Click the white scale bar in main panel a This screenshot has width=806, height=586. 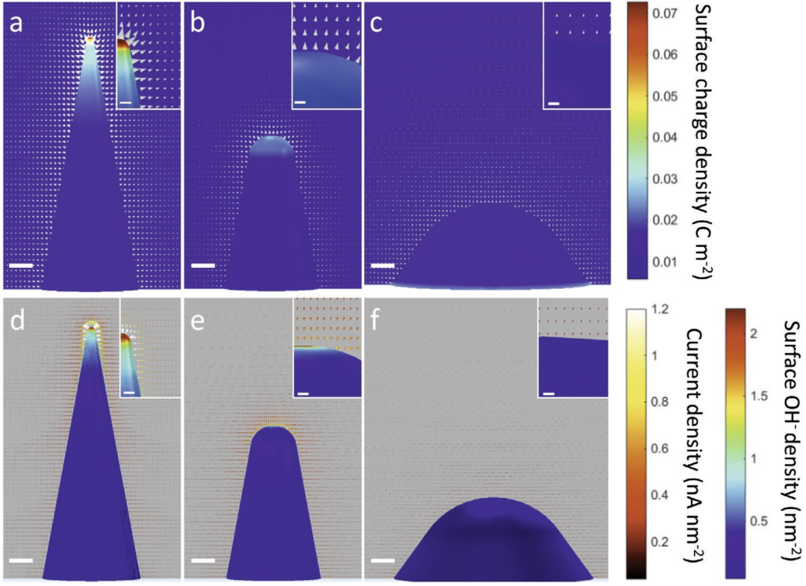pyautogui.click(x=22, y=265)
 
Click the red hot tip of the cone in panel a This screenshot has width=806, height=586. pyautogui.click(x=90, y=40)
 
